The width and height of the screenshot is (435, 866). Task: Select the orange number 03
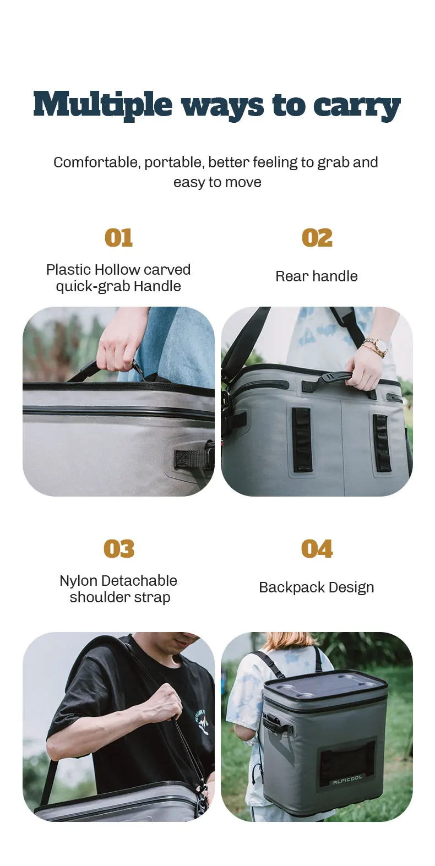click(119, 548)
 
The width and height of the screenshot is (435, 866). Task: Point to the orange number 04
click(317, 548)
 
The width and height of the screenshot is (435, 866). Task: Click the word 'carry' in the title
click(356, 106)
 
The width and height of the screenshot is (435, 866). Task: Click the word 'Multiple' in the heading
click(102, 104)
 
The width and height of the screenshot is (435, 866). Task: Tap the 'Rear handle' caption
click(316, 276)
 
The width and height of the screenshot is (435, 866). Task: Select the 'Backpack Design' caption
click(316, 587)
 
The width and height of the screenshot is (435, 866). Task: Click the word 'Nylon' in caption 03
click(79, 581)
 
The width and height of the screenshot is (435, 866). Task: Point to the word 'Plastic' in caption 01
click(68, 269)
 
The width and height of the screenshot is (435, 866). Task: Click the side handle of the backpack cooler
click(274, 724)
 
